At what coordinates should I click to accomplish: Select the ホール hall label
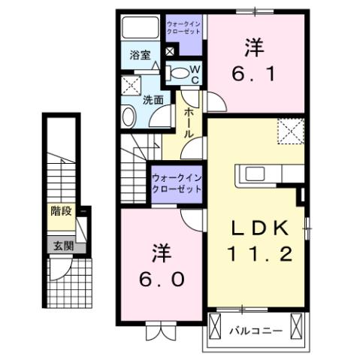[189, 119]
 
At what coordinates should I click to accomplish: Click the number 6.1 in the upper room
[254, 75]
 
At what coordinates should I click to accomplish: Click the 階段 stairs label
[61, 211]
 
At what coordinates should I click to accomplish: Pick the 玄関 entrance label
[61, 244]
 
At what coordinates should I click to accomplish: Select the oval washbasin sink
[128, 116]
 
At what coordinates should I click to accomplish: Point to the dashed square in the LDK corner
[290, 131]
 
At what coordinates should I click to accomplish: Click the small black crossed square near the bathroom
[171, 52]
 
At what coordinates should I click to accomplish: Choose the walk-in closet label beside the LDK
[177, 183]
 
